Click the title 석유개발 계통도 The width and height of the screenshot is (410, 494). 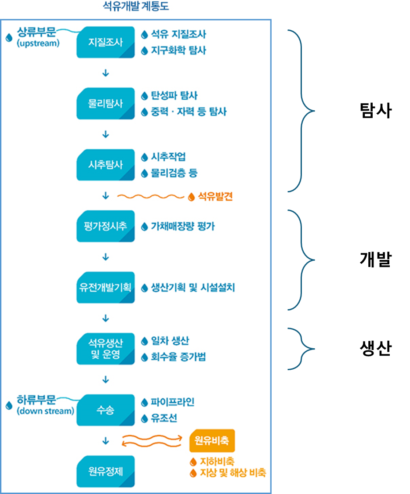[135, 7]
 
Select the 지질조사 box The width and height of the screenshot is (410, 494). [105, 43]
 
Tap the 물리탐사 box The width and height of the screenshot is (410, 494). [105, 104]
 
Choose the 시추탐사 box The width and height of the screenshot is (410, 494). [105, 165]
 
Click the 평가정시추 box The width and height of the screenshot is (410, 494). [105, 227]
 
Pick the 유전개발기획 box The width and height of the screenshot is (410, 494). [105, 288]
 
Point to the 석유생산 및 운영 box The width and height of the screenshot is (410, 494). [105, 350]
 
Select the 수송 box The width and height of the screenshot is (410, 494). [105, 411]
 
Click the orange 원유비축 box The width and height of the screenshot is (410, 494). [212, 440]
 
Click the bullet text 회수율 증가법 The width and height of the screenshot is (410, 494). [178, 357]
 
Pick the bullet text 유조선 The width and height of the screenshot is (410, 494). [164, 418]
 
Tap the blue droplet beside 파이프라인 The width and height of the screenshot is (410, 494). [144, 403]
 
